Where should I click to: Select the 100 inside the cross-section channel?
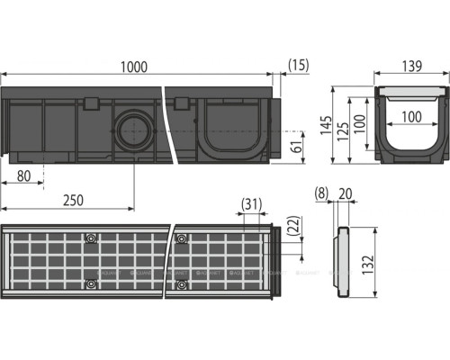(x=413, y=118)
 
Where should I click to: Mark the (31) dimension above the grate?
(x=253, y=206)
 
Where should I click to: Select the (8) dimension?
(x=324, y=193)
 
